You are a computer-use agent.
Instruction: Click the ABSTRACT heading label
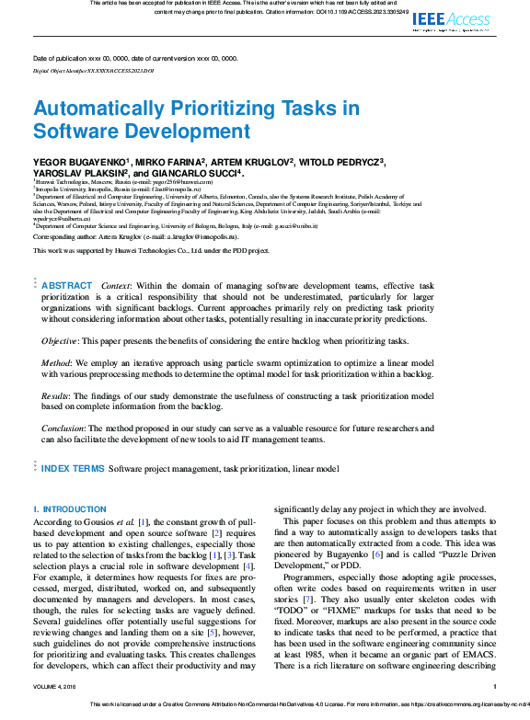[x=67, y=286]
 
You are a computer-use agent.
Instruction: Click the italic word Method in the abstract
[x=57, y=364]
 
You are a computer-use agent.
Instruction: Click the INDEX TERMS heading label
[x=73, y=468]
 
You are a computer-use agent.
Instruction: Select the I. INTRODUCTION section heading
[x=70, y=509]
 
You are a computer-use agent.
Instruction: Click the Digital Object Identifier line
[x=93, y=70]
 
